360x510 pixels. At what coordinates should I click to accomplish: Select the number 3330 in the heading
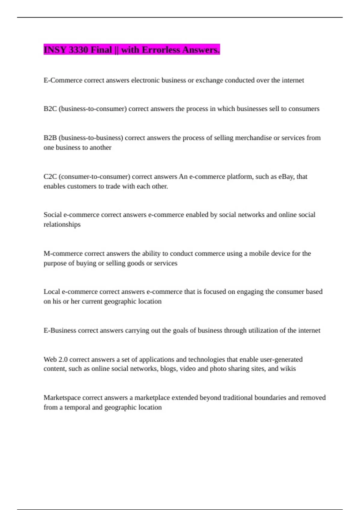tap(78, 49)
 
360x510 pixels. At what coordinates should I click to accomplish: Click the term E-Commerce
tap(63, 80)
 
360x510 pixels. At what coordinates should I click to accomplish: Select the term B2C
tap(50, 109)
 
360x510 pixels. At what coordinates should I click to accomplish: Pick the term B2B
tap(50, 138)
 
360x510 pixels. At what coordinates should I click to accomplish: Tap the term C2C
tap(50, 176)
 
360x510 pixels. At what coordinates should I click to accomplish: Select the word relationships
tap(62, 224)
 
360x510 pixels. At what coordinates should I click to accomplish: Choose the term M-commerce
tap(63, 253)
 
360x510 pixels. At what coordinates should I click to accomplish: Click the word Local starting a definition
tap(52, 292)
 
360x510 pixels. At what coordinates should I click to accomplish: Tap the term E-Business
tap(60, 330)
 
